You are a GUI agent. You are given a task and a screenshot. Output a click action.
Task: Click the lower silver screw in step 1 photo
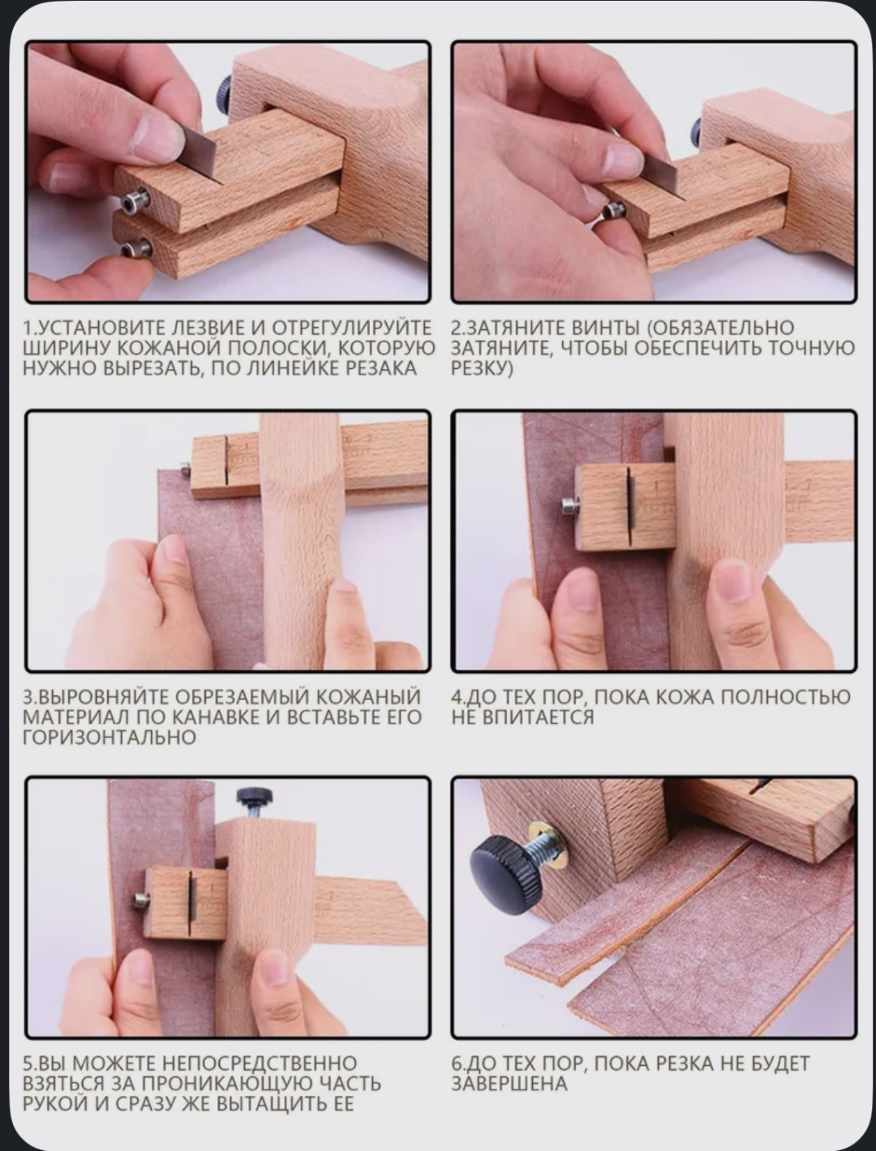tap(135, 248)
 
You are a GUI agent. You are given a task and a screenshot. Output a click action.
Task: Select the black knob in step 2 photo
tap(698, 135)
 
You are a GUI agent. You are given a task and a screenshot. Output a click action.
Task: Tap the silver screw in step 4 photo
tap(569, 505)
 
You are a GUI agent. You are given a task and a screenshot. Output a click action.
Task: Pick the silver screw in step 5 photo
tap(141, 900)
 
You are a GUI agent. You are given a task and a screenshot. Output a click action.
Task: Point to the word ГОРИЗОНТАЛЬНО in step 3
tap(109, 737)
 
